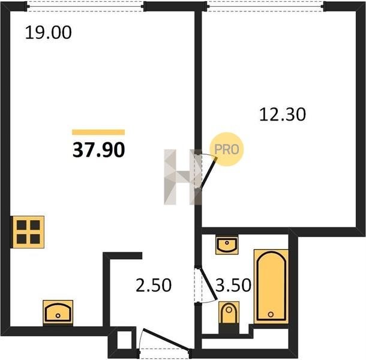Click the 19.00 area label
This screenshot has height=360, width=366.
(x=48, y=32)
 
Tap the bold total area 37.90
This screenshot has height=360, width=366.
(x=99, y=150)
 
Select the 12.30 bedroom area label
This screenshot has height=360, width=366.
(x=283, y=115)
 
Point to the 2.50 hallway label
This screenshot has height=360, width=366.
(x=154, y=285)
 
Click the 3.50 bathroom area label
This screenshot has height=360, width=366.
(x=233, y=285)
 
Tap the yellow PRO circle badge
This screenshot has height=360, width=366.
(x=227, y=149)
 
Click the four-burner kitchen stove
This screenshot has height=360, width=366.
(x=28, y=232)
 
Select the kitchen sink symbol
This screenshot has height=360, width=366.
(x=58, y=313)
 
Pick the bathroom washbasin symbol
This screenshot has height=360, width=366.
(x=227, y=245)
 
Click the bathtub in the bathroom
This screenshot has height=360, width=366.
(x=271, y=286)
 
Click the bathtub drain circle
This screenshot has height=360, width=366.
(x=271, y=314)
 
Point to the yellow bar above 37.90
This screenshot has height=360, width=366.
(x=98, y=133)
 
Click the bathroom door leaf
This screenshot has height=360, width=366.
(x=208, y=284)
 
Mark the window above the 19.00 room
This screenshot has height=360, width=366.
(x=85, y=7)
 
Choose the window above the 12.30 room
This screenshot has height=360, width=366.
(x=265, y=7)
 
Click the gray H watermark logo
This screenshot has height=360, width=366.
(x=182, y=177)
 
